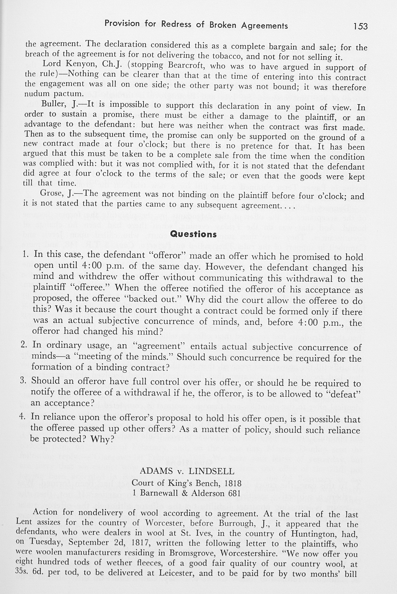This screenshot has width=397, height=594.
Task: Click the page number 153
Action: (360, 26)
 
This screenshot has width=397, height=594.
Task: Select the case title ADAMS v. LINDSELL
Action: (187, 471)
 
